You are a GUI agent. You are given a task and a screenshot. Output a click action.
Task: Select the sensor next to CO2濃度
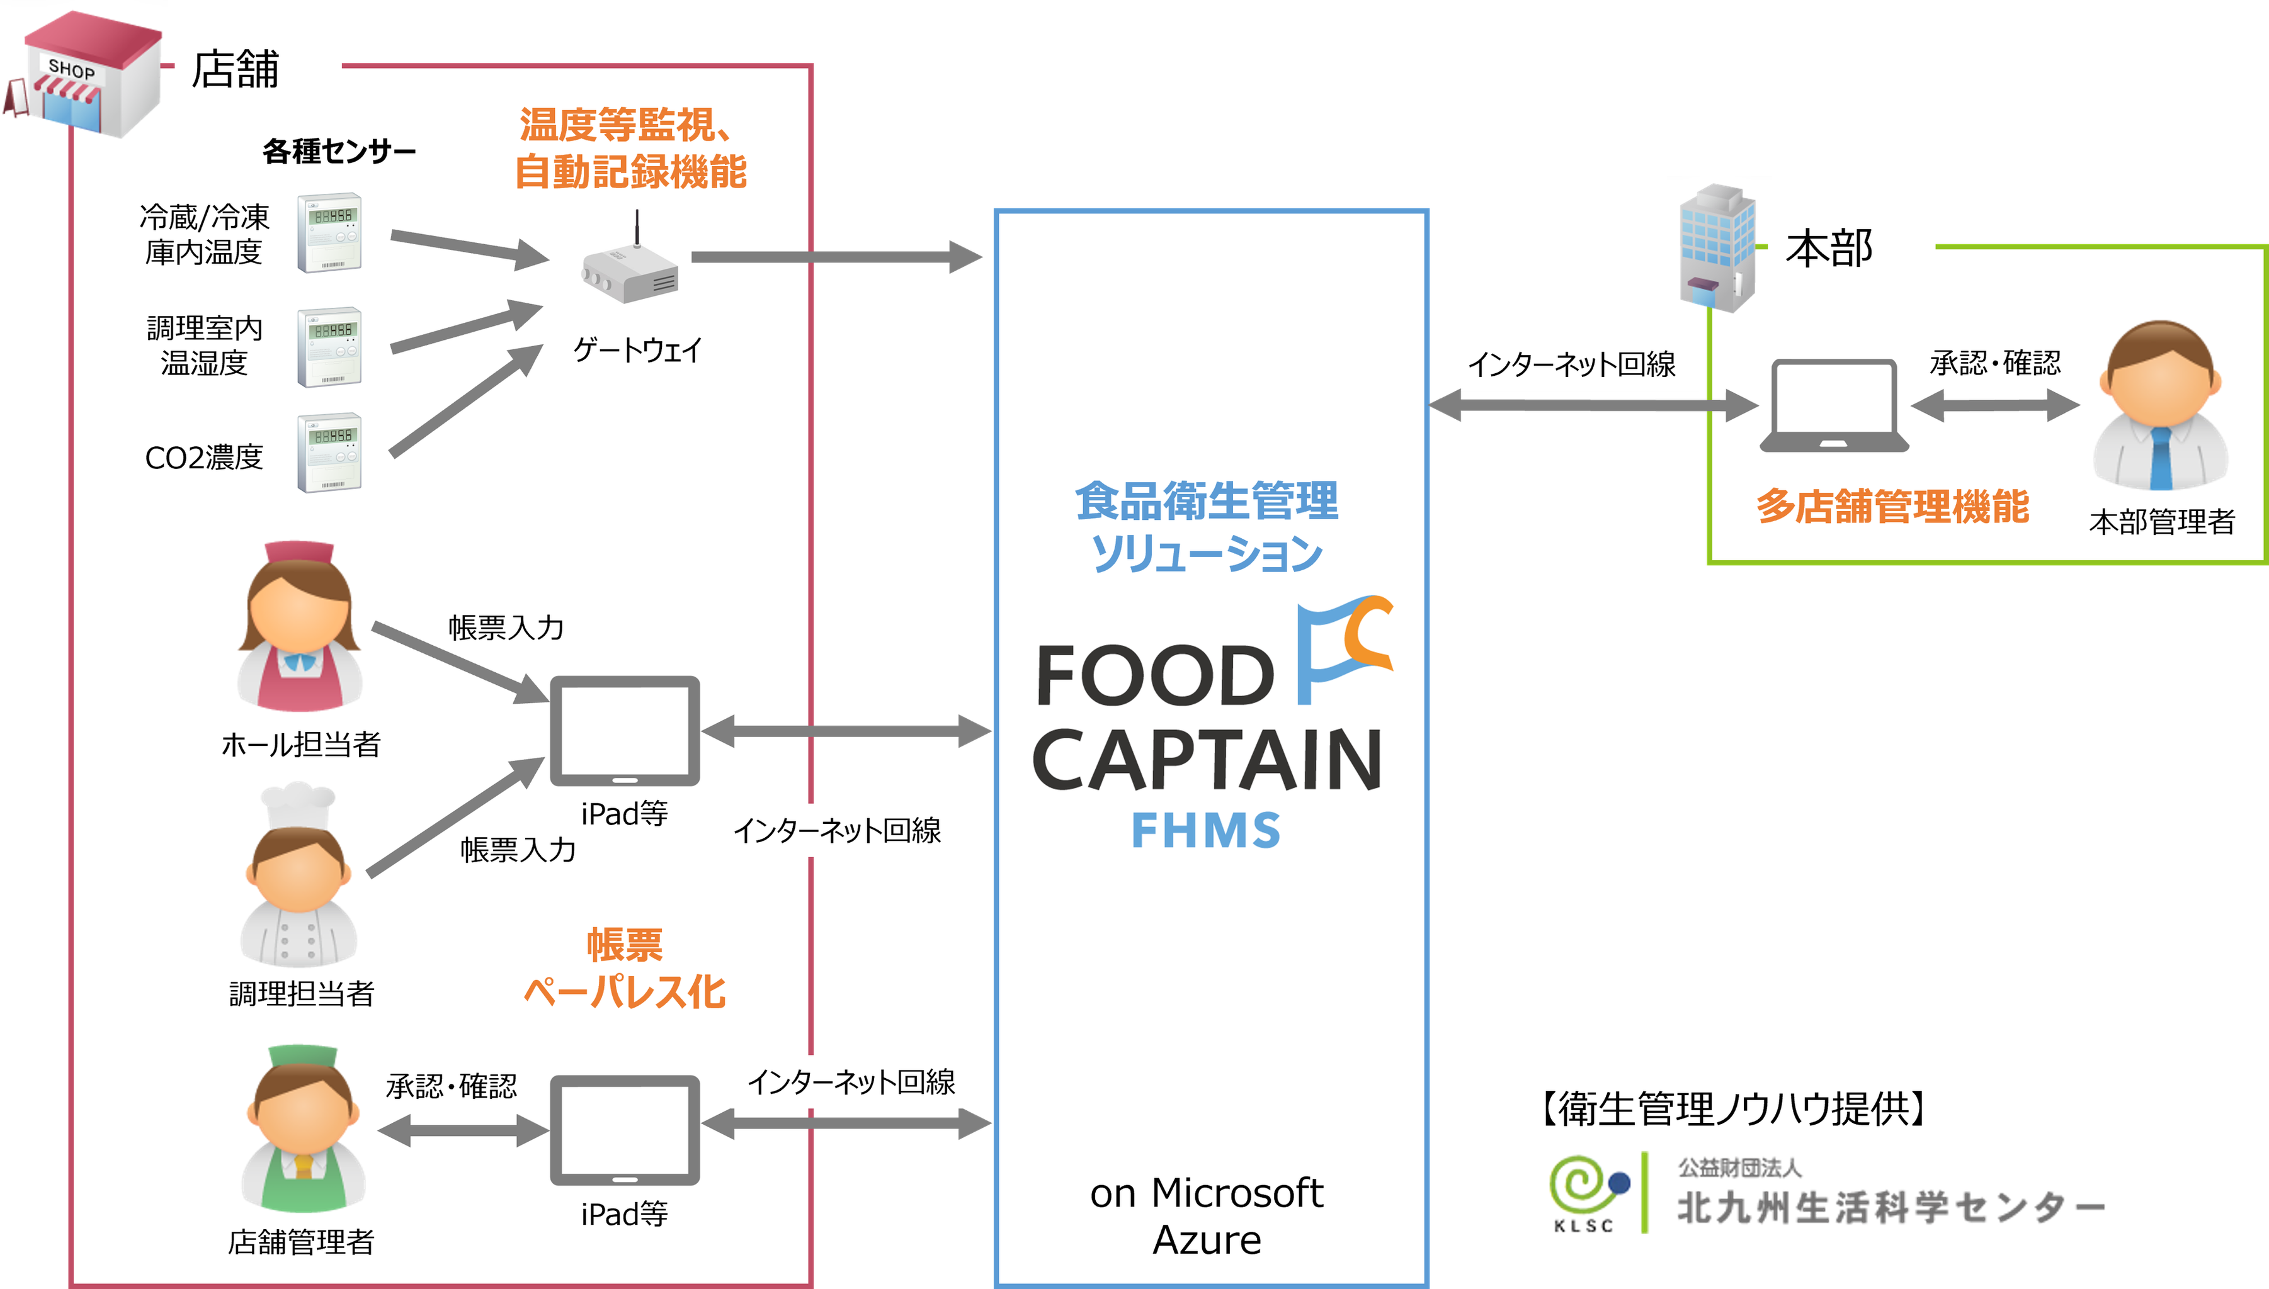[329, 453]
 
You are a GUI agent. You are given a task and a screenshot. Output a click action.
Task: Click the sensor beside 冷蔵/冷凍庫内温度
[329, 233]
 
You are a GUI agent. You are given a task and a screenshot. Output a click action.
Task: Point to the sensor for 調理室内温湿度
[329, 347]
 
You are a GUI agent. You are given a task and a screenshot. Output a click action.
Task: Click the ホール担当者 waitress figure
[299, 629]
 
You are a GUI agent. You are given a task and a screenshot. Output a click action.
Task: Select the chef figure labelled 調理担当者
[299, 877]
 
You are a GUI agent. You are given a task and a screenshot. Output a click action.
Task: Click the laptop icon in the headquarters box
[1833, 407]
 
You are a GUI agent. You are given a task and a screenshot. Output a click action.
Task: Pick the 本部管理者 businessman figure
[2161, 407]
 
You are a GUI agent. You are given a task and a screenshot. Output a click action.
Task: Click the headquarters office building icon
[1716, 248]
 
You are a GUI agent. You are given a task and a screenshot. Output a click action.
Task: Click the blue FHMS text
[1206, 830]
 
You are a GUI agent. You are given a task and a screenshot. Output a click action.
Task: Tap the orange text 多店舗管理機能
[1892, 507]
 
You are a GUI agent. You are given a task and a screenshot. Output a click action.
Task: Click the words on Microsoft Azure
[1206, 1215]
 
